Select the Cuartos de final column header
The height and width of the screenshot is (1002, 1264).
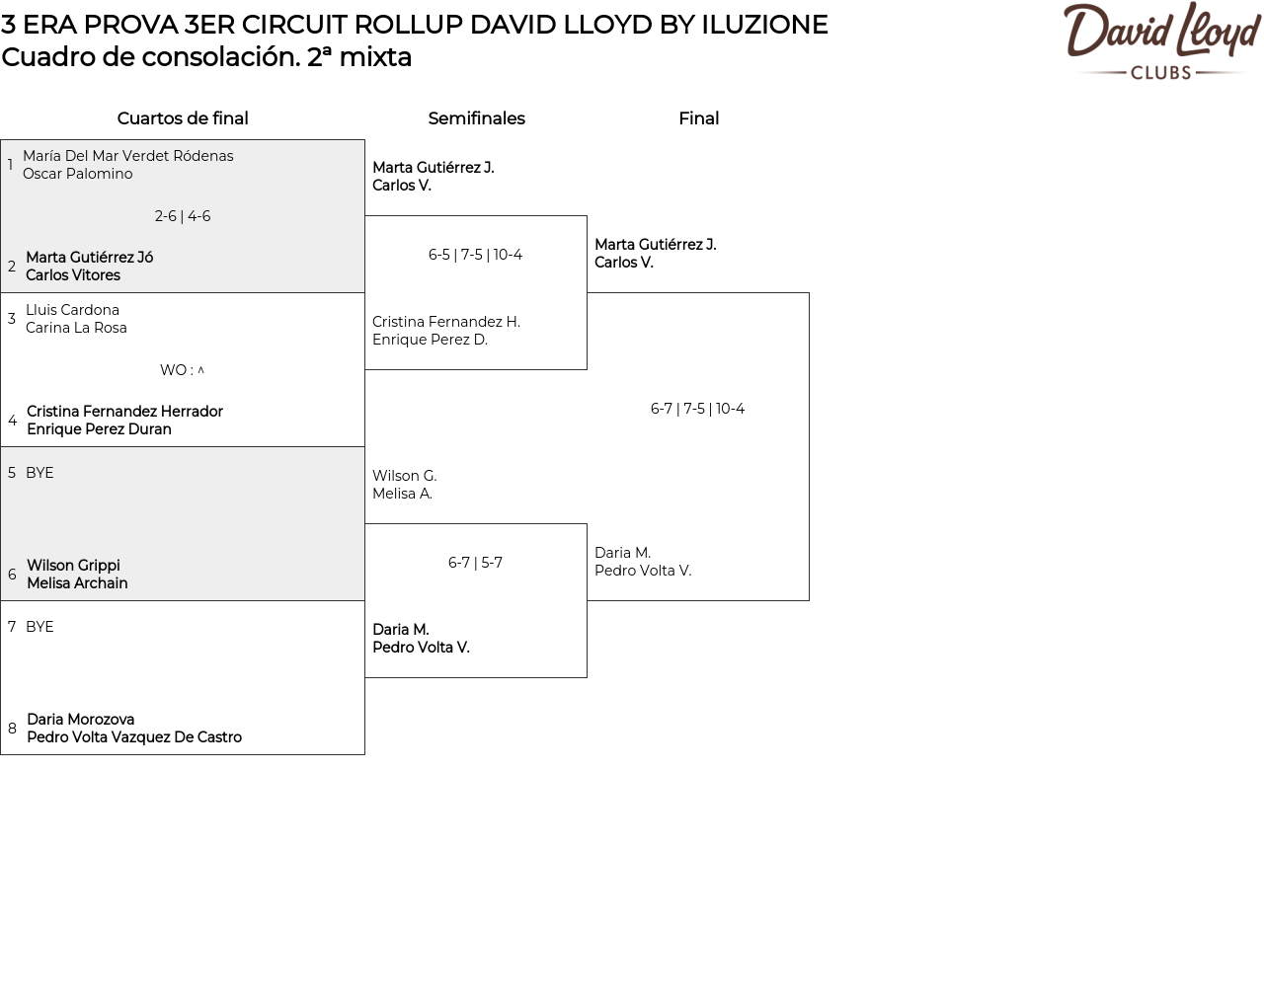tap(183, 118)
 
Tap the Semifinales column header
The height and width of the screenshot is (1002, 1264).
tap(476, 118)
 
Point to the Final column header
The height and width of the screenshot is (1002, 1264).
tap(698, 118)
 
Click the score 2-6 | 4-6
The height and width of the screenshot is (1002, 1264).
tap(183, 216)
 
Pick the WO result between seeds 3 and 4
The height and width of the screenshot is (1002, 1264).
tap(182, 370)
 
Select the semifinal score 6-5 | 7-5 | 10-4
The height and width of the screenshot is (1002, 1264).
tap(475, 255)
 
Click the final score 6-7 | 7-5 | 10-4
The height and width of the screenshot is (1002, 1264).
tap(697, 409)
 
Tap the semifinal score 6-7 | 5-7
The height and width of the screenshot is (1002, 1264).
tap(475, 563)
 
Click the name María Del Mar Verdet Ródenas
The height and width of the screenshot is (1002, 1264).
tap(128, 156)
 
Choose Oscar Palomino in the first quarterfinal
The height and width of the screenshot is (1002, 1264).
tap(78, 174)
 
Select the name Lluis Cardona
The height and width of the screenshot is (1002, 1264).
tap(72, 310)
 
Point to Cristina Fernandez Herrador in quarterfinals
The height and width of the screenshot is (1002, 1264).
tap(124, 412)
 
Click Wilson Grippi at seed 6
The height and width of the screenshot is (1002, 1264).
tap(73, 566)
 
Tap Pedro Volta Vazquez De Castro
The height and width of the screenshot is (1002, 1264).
tap(134, 737)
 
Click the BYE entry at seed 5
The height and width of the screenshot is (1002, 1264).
tap(39, 473)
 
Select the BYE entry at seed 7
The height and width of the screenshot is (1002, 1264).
tap(39, 627)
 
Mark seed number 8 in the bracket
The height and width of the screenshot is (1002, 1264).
tap(12, 729)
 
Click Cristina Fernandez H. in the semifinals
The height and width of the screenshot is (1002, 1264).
tap(446, 322)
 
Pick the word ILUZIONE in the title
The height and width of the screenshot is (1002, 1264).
tap(764, 25)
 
